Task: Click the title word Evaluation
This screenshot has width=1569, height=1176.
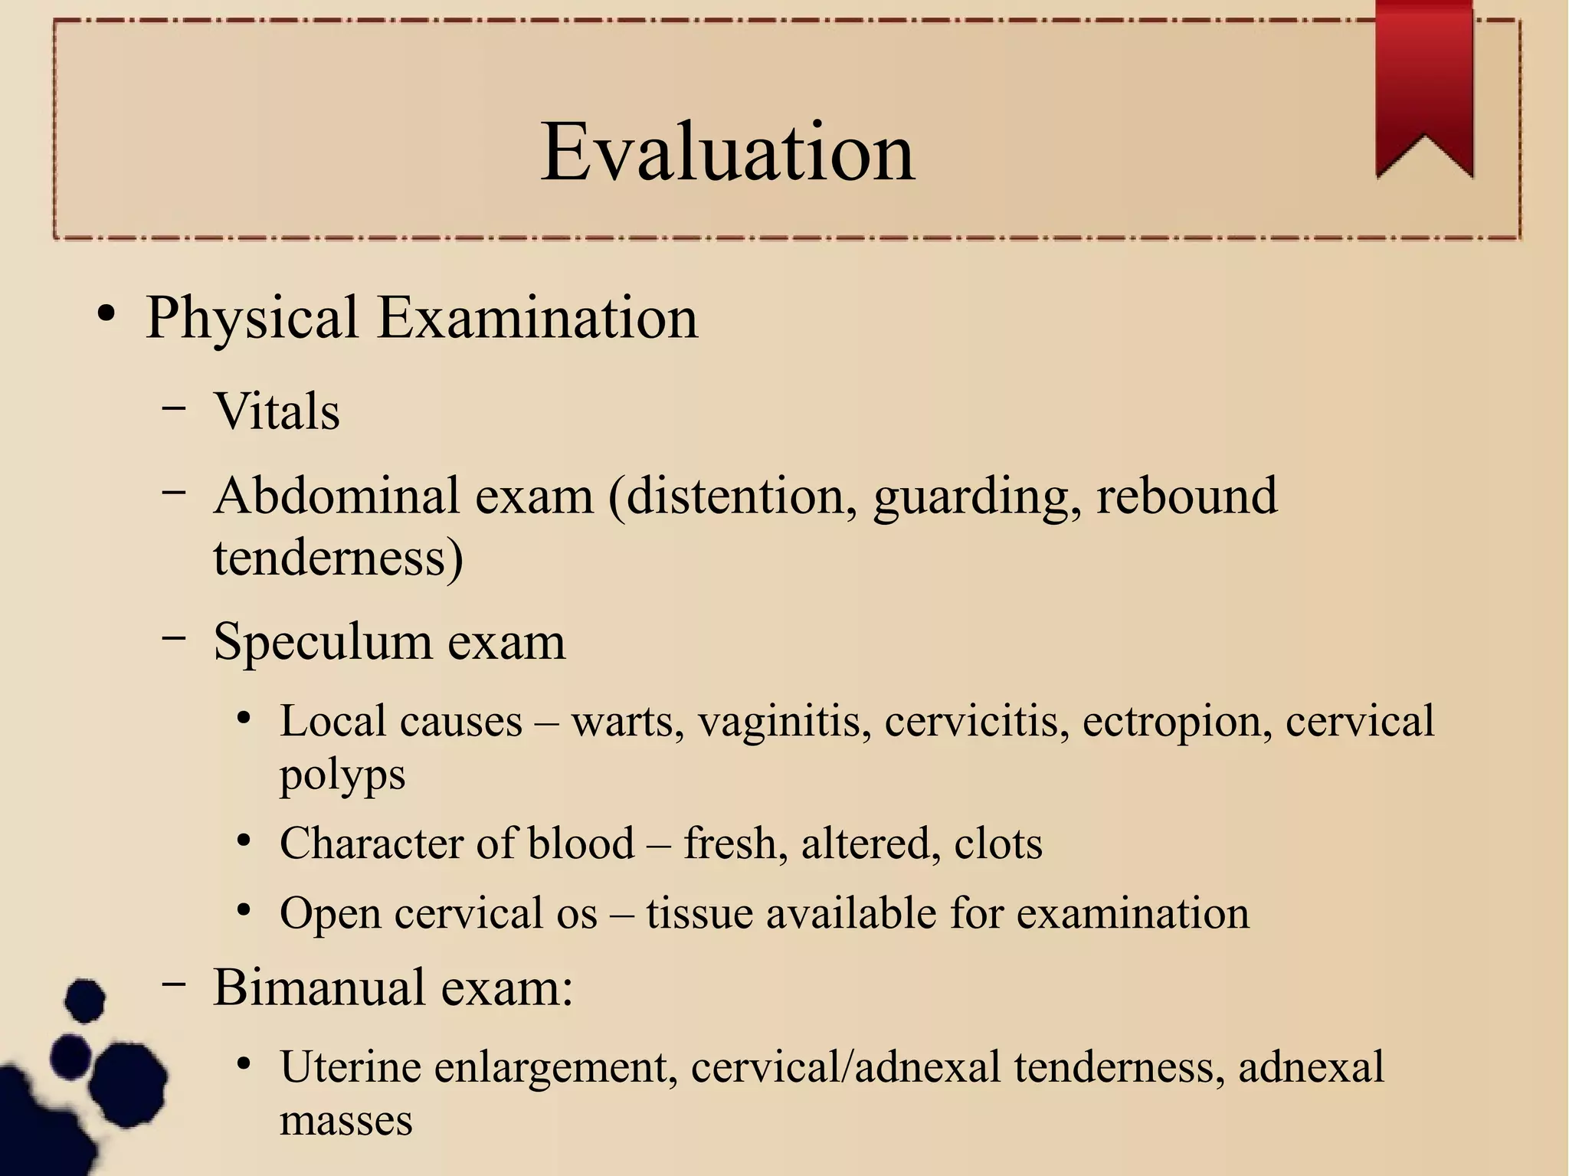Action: click(727, 152)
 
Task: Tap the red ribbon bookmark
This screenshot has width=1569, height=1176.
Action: click(1424, 84)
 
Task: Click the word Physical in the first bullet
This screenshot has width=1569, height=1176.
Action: click(252, 317)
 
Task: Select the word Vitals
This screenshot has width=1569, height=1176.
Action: click(277, 411)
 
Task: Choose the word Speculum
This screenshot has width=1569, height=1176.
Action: click(322, 641)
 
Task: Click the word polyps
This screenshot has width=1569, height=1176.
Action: click(342, 775)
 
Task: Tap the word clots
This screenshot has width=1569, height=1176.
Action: click(997, 844)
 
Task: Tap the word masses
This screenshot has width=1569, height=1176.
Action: click(346, 1120)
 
